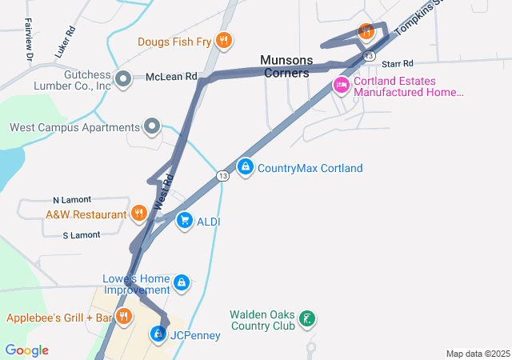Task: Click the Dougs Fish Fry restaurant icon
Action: [224, 40]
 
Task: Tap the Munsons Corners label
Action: [284, 66]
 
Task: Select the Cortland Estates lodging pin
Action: [342, 85]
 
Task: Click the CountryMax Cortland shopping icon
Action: [246, 168]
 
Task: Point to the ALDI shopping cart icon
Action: [185, 220]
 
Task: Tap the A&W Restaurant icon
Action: [138, 214]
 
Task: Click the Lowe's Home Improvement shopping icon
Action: [182, 283]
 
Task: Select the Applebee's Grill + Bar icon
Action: [123, 317]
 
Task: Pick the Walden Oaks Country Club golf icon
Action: [305, 320]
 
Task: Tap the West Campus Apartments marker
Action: [152, 126]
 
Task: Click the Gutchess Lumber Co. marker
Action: [122, 78]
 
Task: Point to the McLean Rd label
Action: [171, 77]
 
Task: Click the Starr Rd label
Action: [397, 63]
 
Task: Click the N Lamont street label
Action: [72, 199]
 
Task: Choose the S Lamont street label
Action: [81, 234]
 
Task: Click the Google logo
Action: [26, 350]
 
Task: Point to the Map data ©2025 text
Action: [478, 354]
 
